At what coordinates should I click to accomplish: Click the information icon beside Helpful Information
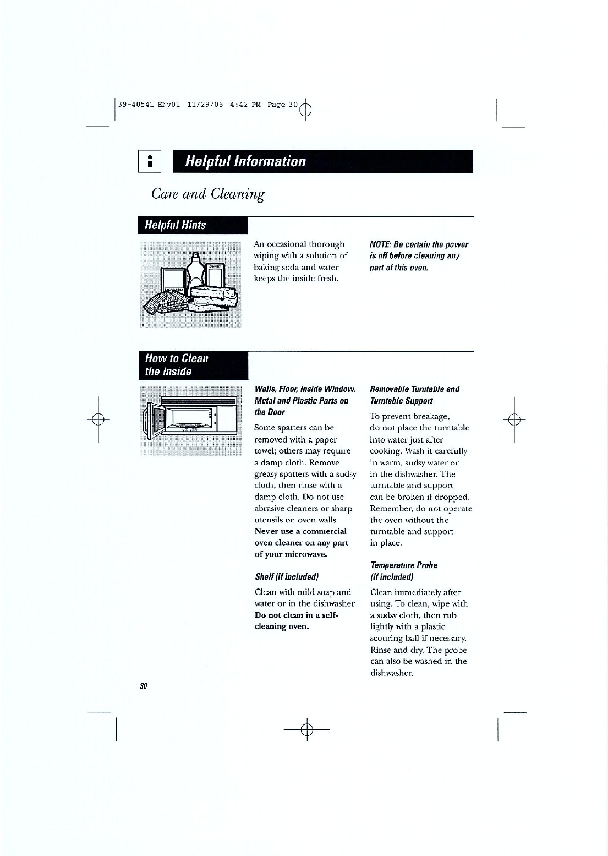[x=149, y=161]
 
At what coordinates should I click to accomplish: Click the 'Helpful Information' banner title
[x=245, y=161]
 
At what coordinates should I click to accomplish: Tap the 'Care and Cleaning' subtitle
[x=208, y=194]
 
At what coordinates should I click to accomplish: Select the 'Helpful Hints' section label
[x=175, y=225]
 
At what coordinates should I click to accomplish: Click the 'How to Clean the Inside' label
[x=177, y=365]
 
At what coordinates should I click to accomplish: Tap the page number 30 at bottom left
[x=144, y=686]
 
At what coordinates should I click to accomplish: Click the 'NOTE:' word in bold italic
[x=381, y=244]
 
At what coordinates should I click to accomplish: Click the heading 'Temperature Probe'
[x=404, y=565]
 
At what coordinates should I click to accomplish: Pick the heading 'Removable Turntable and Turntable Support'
[x=414, y=395]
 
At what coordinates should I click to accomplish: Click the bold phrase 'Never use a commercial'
[x=300, y=531]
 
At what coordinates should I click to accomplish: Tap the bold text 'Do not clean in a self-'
[x=297, y=615]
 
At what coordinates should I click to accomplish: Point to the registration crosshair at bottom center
[x=307, y=729]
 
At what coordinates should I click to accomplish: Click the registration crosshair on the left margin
[x=98, y=419]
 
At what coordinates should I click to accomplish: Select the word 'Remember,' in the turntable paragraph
[x=392, y=509]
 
